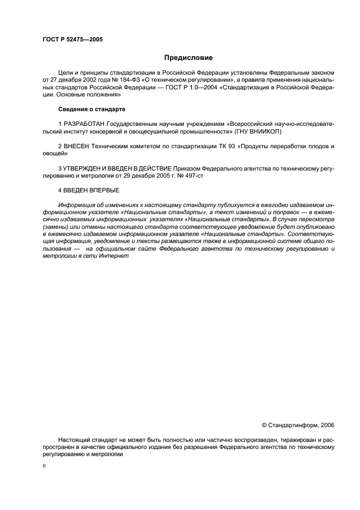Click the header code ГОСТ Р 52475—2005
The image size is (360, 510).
72,39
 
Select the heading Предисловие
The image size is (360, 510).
188,57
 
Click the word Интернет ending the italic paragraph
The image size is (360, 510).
115,256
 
